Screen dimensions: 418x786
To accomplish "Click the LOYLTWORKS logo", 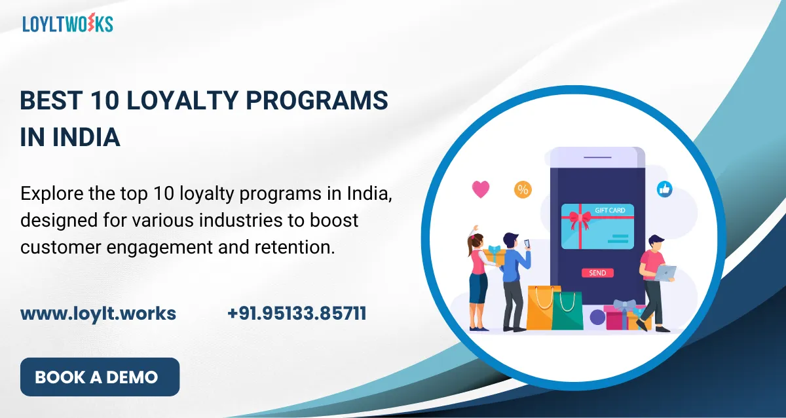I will tap(67, 24).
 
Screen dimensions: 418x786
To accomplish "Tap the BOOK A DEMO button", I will tap(100, 377).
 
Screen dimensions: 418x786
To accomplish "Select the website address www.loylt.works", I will tap(98, 313).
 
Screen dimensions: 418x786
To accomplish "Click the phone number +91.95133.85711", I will tap(297, 313).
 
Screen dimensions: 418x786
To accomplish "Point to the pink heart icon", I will tap(481, 190).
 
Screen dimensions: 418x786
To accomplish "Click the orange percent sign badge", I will tap(523, 190).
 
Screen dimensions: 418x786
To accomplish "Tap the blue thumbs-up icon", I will tap(665, 189).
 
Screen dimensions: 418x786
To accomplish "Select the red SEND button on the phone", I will tap(597, 273).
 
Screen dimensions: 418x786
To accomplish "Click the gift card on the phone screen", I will tap(597, 226).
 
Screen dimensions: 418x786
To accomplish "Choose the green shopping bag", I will tap(567, 311).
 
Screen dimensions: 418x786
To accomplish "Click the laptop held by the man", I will tap(665, 273).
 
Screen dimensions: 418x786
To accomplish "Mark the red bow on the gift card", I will tap(578, 218).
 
